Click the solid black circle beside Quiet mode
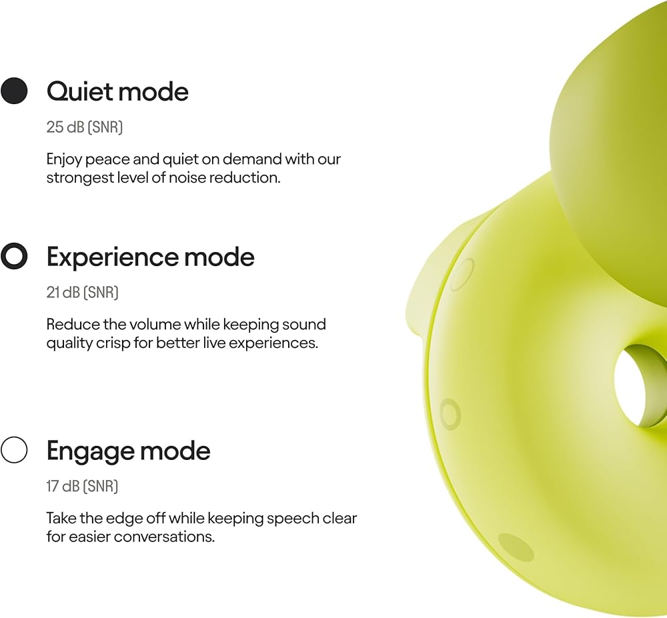[14, 91]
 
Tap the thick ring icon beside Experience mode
[14, 256]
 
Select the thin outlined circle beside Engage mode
[14, 450]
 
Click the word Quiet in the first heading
[79, 92]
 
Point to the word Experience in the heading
[112, 257]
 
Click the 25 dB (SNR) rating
[84, 127]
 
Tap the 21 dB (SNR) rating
[82, 293]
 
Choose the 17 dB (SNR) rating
[81, 486]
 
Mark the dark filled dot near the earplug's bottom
[516, 548]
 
